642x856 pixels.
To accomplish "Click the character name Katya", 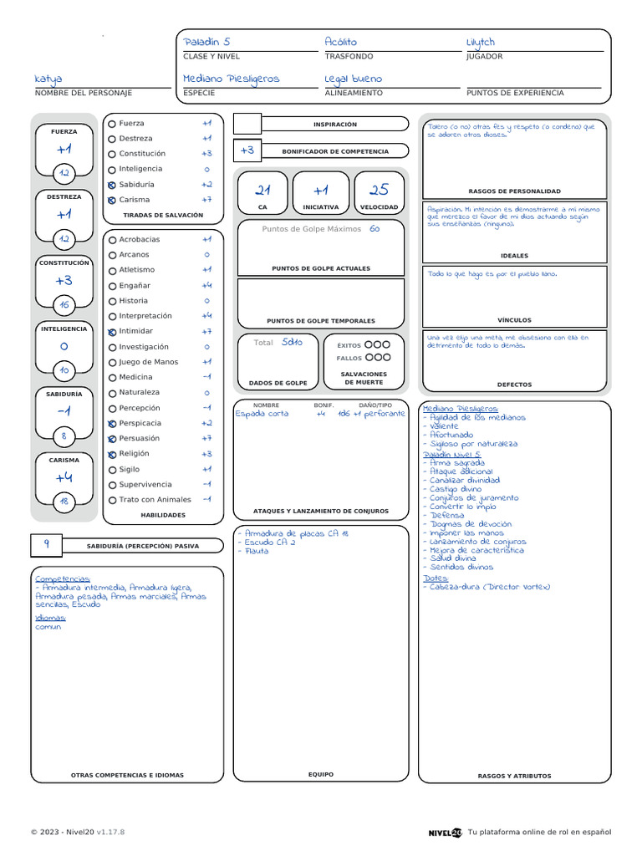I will [x=48, y=79].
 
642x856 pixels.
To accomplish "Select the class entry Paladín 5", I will [x=206, y=42].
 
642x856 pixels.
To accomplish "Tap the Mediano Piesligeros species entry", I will [x=232, y=79].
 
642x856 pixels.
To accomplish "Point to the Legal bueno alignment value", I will [x=353, y=79].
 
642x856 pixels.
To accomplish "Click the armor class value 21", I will [x=262, y=190].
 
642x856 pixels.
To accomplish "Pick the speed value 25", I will [x=379, y=190].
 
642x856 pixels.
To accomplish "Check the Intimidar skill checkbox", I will [x=112, y=332].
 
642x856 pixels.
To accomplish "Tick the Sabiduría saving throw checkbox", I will [x=112, y=185].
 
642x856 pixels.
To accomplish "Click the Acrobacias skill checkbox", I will [x=112, y=240].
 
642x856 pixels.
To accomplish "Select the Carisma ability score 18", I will [x=64, y=502].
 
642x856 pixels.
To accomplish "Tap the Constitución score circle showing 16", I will [x=64, y=304].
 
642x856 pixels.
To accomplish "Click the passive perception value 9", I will [x=47, y=544].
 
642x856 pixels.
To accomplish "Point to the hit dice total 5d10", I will [x=293, y=342].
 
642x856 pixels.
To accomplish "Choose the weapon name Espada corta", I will [x=262, y=414].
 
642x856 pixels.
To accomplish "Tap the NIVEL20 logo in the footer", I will [x=445, y=832].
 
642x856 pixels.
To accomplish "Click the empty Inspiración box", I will [x=247, y=125].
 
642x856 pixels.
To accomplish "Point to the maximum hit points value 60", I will [x=374, y=229].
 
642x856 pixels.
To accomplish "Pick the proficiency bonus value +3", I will [x=247, y=150].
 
